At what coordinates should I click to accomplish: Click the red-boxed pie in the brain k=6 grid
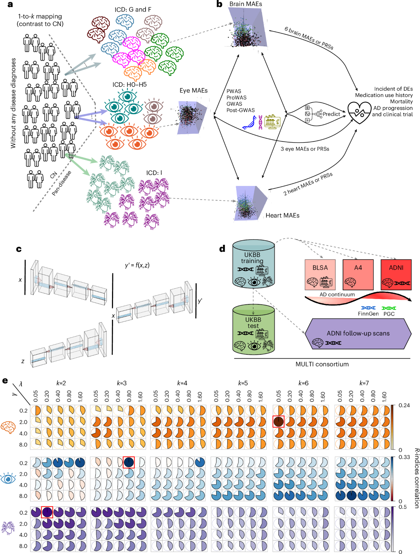point(279,422)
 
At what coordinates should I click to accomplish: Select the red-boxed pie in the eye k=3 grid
point(128,462)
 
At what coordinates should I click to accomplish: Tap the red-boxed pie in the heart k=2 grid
point(47,512)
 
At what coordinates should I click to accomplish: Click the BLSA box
point(320,275)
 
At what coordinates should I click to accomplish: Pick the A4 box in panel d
point(358,275)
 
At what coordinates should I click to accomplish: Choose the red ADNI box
point(396,275)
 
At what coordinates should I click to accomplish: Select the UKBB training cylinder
point(253,264)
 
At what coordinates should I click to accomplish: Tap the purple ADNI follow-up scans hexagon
point(358,334)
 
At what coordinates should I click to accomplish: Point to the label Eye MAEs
point(194,91)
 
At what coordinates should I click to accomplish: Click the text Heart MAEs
point(282,215)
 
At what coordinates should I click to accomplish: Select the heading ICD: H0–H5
point(129,85)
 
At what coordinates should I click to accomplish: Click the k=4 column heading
point(182,383)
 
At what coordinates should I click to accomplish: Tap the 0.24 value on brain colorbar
point(404,406)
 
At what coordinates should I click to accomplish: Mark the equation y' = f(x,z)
point(137,265)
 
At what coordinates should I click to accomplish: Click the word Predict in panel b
point(331,114)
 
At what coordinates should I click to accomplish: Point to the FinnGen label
point(368,314)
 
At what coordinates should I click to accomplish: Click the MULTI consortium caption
point(322,364)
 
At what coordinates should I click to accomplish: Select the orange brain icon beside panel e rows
point(8,427)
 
